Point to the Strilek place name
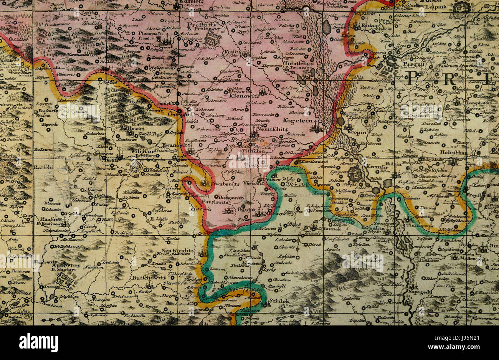point(279,301)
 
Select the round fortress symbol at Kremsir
point(355,173)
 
